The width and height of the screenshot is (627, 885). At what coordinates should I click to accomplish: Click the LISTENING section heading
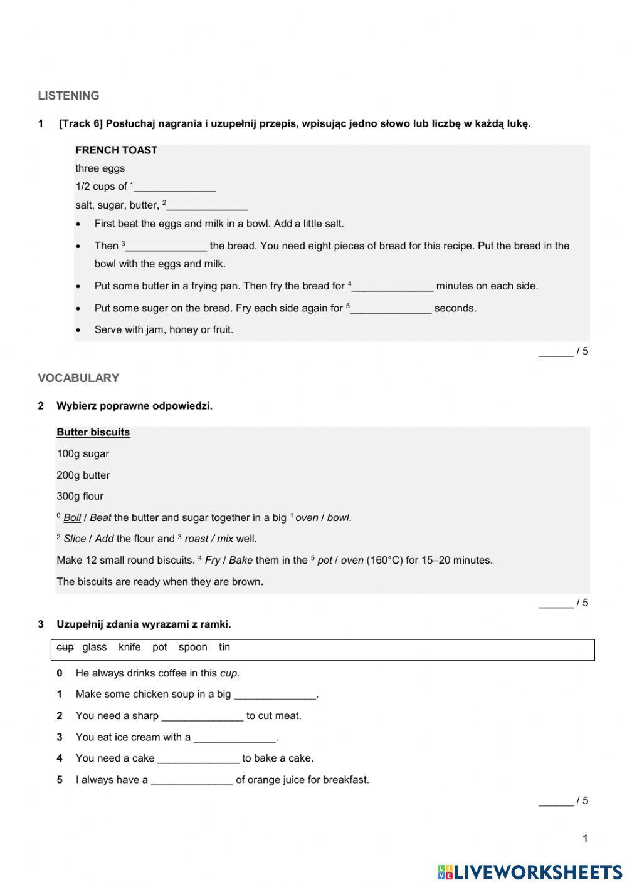(x=68, y=96)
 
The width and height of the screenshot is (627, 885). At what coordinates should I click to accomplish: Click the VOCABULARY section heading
(x=78, y=378)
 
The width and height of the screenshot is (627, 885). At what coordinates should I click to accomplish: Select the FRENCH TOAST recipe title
(x=116, y=150)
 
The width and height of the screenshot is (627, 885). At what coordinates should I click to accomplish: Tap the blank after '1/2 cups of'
(x=175, y=187)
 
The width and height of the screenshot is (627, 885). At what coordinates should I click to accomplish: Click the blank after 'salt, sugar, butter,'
(x=208, y=205)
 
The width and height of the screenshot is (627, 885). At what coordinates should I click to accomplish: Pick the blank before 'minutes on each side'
(x=393, y=287)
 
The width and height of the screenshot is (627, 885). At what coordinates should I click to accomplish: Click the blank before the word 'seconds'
(x=391, y=309)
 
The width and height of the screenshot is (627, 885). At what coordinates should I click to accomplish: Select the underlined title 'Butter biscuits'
(x=93, y=432)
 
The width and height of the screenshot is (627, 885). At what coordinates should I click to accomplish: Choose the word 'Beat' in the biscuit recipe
(x=100, y=518)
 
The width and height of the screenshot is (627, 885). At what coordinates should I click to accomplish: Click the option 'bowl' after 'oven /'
(x=338, y=518)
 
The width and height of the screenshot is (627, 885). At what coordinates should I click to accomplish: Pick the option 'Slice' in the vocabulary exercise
(x=75, y=539)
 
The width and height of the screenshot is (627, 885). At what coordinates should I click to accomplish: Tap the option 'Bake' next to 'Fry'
(x=241, y=560)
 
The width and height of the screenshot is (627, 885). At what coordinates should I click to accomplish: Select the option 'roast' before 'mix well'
(x=196, y=539)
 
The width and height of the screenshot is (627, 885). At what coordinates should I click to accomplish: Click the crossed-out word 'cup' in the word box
(x=65, y=647)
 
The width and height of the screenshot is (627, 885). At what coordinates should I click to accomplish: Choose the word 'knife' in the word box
(x=129, y=647)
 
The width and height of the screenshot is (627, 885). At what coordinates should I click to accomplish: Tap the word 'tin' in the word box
(x=224, y=647)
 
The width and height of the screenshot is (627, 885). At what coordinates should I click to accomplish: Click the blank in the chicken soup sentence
(x=275, y=695)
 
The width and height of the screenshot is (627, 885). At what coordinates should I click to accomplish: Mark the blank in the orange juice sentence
(x=192, y=780)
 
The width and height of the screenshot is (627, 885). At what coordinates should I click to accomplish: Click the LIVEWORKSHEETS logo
(x=530, y=872)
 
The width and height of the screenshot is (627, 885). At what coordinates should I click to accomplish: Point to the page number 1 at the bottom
(x=585, y=839)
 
